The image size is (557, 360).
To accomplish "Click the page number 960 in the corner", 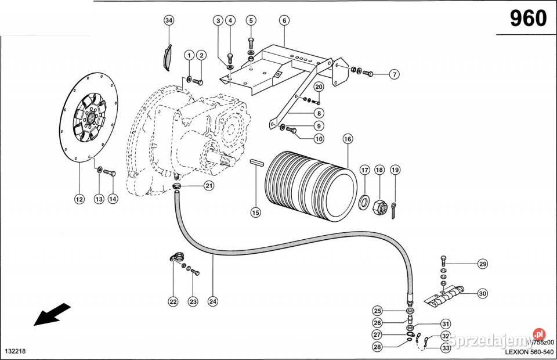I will (x=528, y=19).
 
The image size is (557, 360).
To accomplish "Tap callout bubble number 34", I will (x=169, y=21).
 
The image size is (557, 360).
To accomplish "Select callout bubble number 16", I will (x=347, y=139).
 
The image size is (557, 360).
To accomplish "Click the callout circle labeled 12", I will (x=79, y=199).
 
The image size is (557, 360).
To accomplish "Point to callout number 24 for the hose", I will (x=213, y=301).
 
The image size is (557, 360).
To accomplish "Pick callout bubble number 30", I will (x=482, y=294).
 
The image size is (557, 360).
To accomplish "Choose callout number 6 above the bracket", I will (x=284, y=21).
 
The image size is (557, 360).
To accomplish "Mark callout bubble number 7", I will (x=394, y=74).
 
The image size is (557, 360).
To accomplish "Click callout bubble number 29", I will (x=482, y=264).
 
